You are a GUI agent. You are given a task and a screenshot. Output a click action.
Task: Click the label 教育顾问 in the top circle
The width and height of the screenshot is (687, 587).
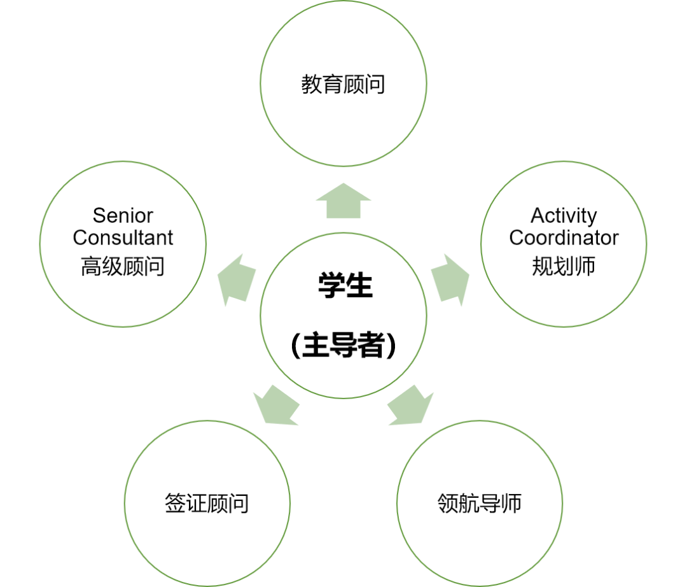point(343,84)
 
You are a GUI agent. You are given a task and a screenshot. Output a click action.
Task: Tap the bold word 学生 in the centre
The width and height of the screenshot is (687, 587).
point(345,286)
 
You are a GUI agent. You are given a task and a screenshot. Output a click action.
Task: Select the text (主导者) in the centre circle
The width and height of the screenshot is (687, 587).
point(343,346)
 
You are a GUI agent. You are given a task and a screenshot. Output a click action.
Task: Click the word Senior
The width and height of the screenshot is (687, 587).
point(123,215)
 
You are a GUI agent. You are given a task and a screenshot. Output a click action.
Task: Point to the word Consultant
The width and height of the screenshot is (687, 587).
point(123,237)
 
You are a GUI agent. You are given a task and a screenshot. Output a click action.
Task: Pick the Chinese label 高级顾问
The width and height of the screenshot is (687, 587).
point(123,266)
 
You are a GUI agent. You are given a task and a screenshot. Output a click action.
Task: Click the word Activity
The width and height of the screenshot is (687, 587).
point(564,216)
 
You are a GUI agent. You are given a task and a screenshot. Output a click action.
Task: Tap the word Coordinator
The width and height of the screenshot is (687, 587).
point(564,237)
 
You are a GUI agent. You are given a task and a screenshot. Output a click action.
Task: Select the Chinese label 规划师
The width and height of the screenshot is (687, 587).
point(564,266)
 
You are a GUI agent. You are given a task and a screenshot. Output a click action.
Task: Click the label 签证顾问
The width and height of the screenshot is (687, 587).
point(207,504)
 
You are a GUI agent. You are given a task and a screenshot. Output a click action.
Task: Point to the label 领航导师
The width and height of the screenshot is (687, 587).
point(480,504)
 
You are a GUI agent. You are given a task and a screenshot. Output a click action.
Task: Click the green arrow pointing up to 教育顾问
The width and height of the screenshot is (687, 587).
point(343,201)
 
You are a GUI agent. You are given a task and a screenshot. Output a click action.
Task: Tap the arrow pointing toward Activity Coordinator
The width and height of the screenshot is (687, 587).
point(450,278)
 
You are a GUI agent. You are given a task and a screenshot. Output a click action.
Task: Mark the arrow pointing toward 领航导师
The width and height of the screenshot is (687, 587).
point(410,405)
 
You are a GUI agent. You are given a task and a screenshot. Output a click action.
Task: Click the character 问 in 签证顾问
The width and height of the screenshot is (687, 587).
point(239,504)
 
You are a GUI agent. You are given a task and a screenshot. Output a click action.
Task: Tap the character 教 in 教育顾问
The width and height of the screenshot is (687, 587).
point(312,84)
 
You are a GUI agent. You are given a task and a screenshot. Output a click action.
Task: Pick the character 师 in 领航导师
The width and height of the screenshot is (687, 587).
point(511,504)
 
